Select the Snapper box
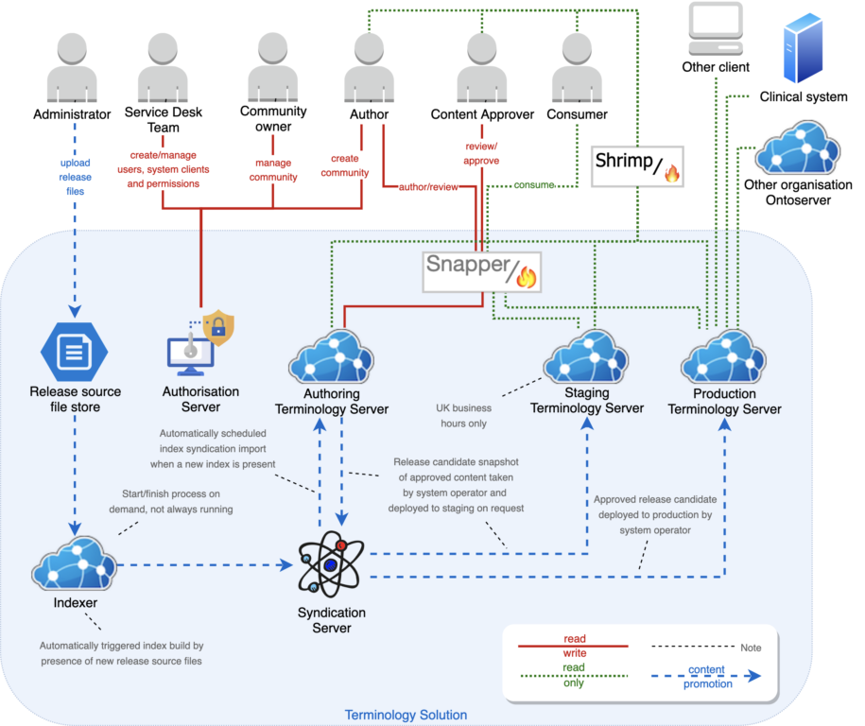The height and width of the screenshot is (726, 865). tap(482, 270)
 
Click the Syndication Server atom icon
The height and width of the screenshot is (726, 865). tap(331, 562)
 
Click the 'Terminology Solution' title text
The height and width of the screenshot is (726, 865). tap(406, 715)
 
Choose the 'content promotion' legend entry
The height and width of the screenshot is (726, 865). tap(706, 677)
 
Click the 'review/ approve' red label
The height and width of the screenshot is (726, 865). tap(482, 153)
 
